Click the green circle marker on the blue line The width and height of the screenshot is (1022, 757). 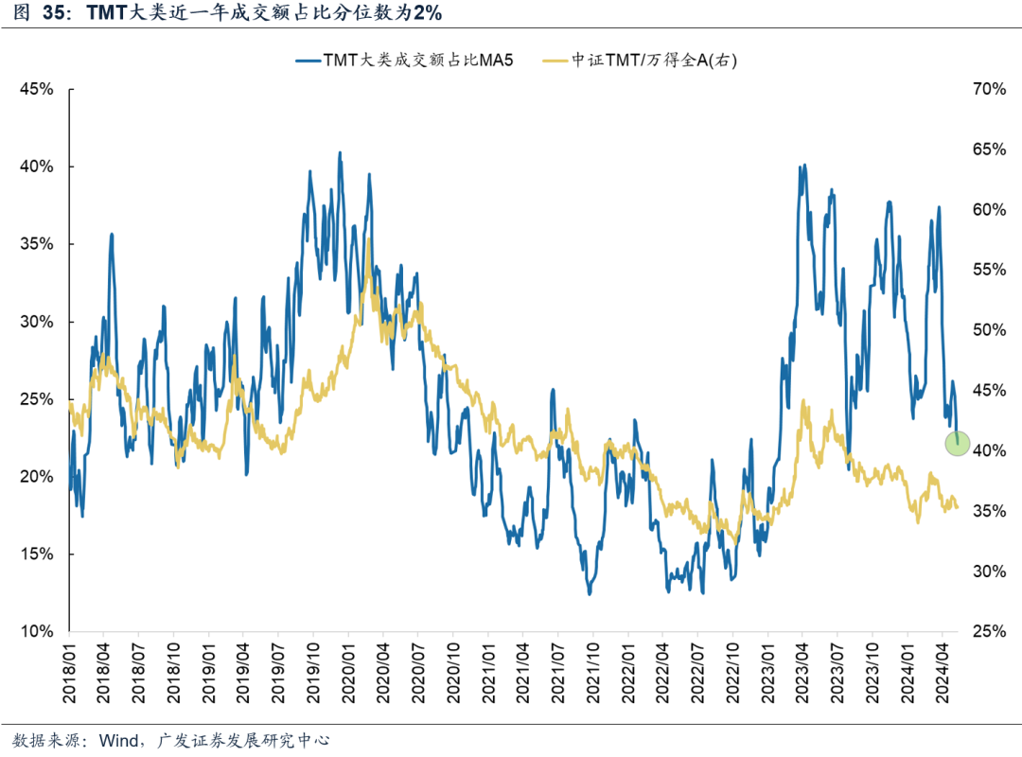click(x=958, y=442)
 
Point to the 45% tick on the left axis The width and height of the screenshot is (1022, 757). click(x=38, y=89)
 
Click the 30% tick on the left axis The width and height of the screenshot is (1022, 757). click(x=38, y=322)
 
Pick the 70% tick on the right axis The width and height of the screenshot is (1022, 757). click(x=987, y=89)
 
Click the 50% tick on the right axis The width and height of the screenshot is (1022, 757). click(x=987, y=330)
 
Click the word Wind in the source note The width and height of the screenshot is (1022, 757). click(x=119, y=740)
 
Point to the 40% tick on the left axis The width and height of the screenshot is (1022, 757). click(x=38, y=167)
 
